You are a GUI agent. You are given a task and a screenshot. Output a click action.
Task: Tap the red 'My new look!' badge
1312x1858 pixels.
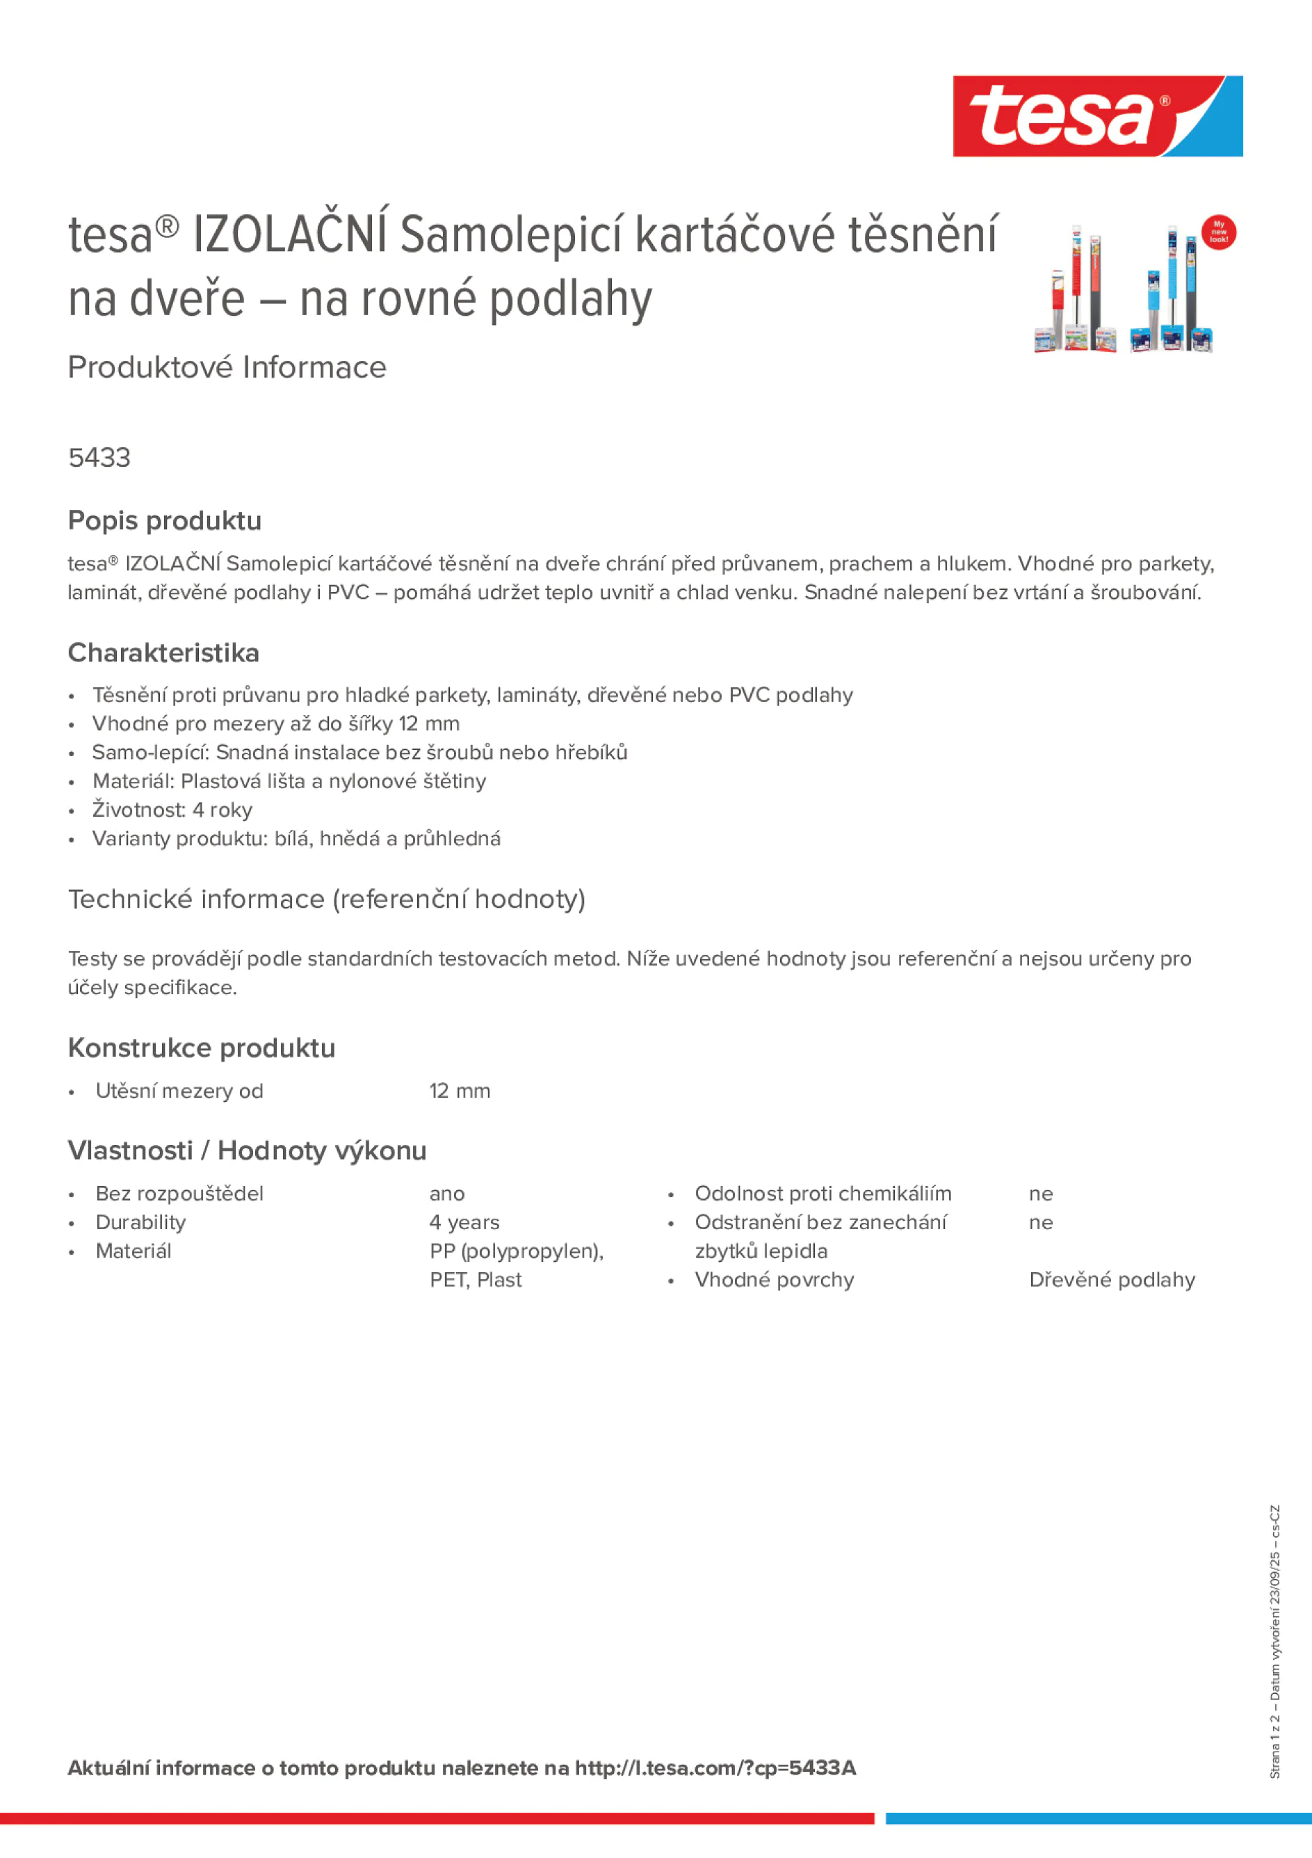click(x=1218, y=232)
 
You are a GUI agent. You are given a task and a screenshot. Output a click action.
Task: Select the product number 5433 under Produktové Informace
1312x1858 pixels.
click(x=99, y=458)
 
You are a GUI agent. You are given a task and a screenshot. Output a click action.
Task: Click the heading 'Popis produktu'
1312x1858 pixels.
click(x=164, y=521)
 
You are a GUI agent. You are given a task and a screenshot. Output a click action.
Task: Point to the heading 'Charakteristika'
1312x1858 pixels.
click(x=163, y=653)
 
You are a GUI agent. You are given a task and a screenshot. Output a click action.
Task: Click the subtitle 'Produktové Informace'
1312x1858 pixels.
click(x=227, y=367)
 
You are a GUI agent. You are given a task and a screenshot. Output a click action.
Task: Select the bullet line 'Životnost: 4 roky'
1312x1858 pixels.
click(x=172, y=810)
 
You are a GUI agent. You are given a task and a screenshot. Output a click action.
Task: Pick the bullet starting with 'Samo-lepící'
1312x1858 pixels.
click(x=359, y=753)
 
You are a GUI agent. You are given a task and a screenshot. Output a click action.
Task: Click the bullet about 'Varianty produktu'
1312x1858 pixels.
click(x=296, y=839)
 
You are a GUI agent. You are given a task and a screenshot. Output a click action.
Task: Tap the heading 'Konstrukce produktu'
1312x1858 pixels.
click(x=202, y=1048)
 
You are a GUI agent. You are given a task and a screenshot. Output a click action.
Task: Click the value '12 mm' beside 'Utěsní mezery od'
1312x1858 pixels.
click(x=460, y=1091)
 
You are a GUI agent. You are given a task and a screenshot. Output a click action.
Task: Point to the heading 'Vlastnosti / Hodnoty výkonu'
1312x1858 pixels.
click(x=247, y=1151)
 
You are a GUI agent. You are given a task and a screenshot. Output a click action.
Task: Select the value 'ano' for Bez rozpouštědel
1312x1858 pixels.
click(x=446, y=1194)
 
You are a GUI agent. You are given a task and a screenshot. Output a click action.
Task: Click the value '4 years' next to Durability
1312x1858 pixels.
click(x=464, y=1223)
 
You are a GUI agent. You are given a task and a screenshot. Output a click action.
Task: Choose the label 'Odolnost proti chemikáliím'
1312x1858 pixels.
click(x=823, y=1194)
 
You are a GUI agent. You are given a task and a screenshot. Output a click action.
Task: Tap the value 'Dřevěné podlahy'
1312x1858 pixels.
click(x=1111, y=1280)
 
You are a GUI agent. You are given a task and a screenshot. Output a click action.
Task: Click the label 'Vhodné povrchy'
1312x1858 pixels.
click(x=774, y=1280)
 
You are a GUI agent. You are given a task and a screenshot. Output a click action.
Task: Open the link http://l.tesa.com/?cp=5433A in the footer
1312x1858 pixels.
click(x=715, y=1768)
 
